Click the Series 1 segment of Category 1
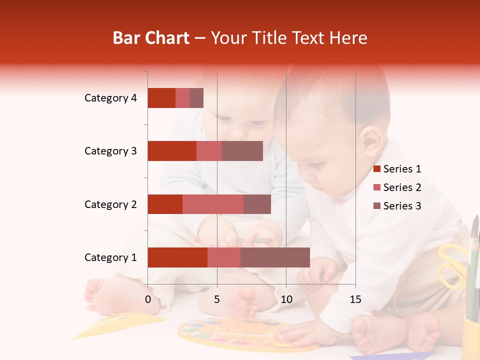point(177,257)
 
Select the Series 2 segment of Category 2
point(213,204)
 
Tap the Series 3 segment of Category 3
point(242,151)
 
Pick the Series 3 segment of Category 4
point(196,98)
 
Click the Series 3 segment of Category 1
point(275,257)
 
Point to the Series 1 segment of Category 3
point(172,151)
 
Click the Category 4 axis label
point(110,98)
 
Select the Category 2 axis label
point(110,204)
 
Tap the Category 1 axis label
point(110,257)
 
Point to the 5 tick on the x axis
point(217,299)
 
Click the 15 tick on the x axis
point(355,299)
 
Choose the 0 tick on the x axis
point(148,299)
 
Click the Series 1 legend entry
point(402,169)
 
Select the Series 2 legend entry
point(402,187)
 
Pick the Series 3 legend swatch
point(376,206)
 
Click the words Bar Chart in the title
point(151,38)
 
